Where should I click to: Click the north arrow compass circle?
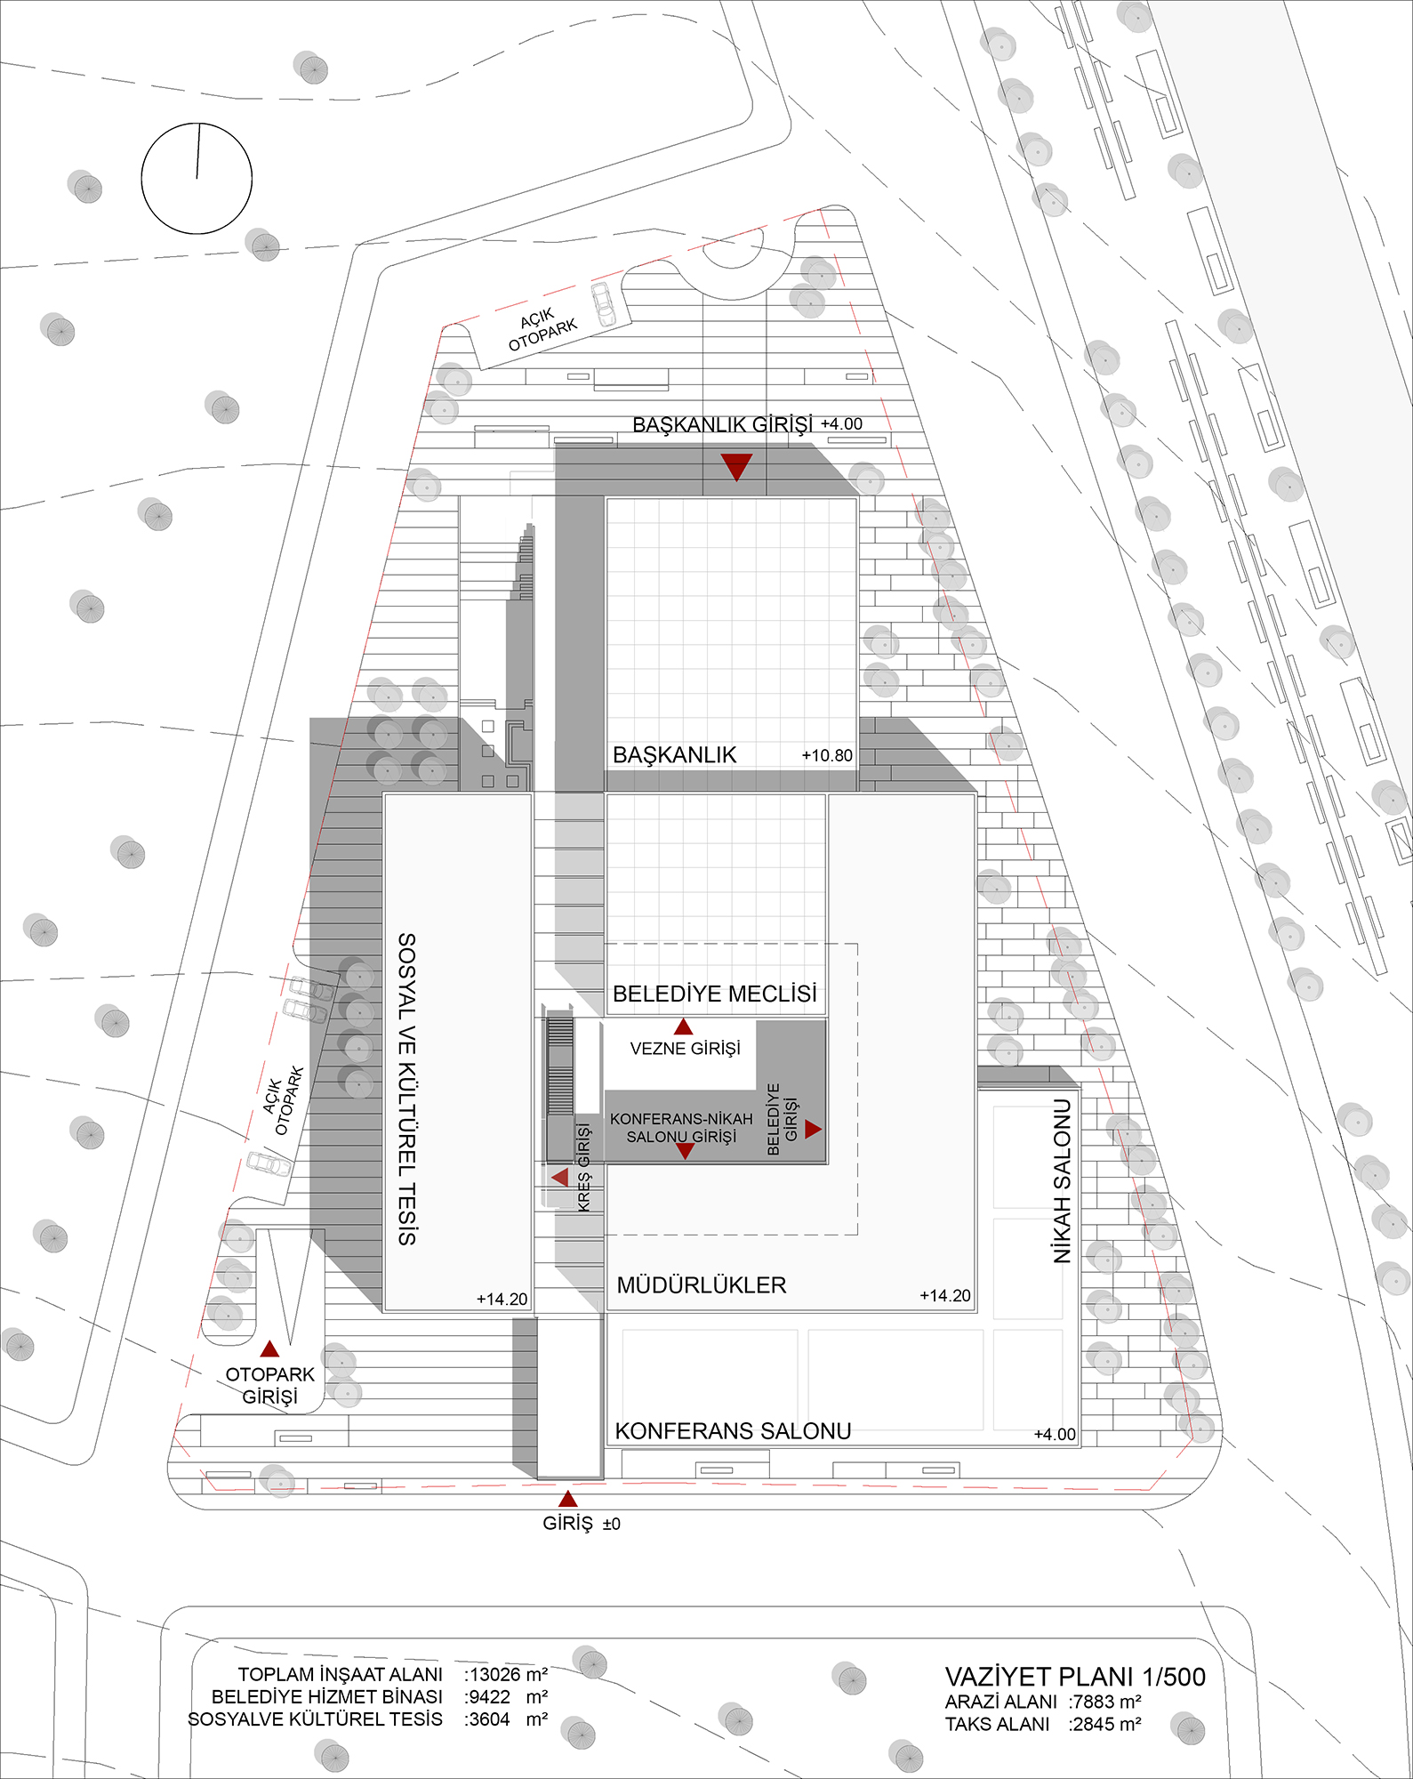pos(142,178)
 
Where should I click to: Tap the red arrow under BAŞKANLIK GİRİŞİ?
pos(736,466)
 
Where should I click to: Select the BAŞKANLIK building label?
pos(675,755)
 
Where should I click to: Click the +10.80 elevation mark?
pos(827,755)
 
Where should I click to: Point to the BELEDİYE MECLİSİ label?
pos(715,994)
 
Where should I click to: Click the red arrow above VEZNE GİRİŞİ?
pos(683,1026)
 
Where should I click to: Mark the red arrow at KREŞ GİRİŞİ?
pos(560,1178)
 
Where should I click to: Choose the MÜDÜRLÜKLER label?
pos(702,1285)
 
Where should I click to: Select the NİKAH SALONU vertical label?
pos(1063,1181)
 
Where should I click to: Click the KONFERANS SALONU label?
pos(734,1431)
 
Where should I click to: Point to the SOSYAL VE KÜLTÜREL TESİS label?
pos(406,1089)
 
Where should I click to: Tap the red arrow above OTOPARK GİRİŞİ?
pos(270,1348)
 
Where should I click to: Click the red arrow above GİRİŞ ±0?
pos(567,1498)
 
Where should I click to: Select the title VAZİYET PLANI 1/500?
pos(1075,1677)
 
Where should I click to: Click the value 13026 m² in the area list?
pos(505,1674)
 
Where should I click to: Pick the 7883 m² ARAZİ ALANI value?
pos(1105,1702)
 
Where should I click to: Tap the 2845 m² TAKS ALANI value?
pos(1105,1724)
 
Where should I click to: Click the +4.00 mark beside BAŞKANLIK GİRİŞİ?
pos(841,424)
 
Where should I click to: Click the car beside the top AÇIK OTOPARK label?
pos(604,304)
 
